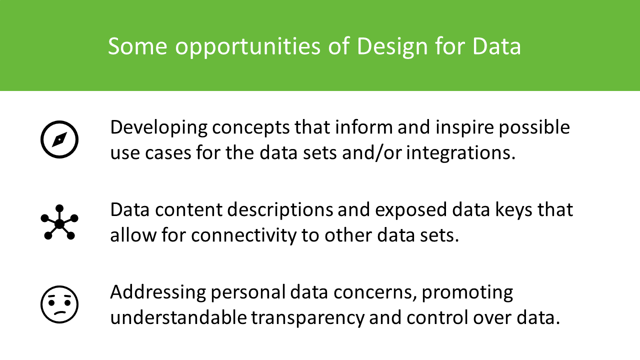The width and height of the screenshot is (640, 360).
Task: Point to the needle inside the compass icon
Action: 59,139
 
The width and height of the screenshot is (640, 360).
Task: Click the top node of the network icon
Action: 59,208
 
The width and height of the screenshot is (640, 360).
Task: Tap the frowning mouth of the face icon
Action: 60,312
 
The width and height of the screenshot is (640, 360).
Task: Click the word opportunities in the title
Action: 247,46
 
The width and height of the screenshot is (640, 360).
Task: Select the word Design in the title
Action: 392,46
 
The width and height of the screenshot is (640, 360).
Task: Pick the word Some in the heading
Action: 137,46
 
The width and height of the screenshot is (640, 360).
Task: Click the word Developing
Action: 159,127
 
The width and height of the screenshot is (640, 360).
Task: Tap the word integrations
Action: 461,153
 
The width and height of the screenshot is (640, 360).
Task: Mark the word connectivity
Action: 244,235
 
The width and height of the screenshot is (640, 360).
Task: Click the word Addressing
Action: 158,292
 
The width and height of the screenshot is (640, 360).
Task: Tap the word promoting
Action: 467,293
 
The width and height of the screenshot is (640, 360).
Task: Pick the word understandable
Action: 178,317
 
